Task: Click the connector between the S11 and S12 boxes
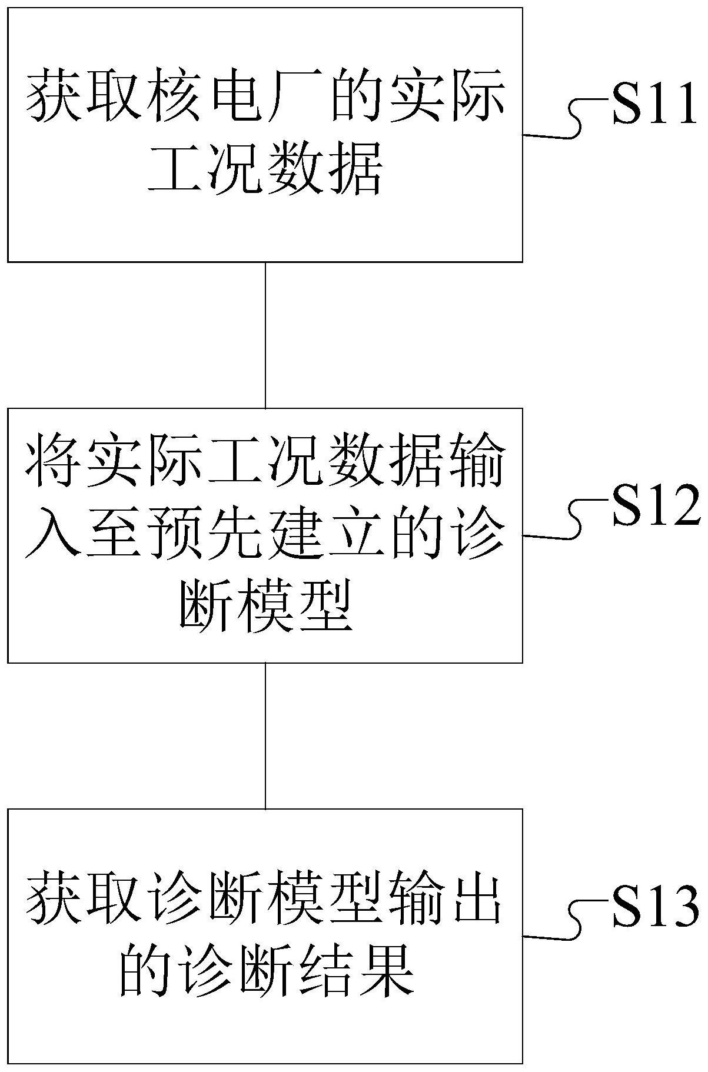(265, 335)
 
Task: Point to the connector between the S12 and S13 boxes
(265, 735)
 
